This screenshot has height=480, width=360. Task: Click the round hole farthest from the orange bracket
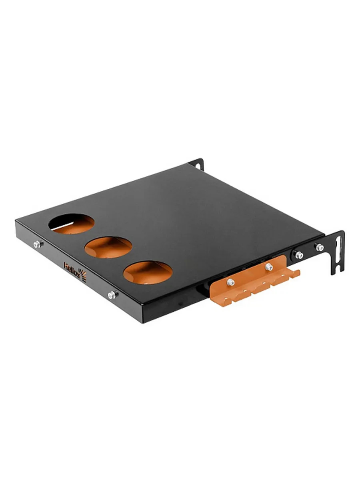pos(72,224)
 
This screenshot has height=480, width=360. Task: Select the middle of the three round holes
pos(108,247)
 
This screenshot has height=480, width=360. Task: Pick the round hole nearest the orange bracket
pos(148,273)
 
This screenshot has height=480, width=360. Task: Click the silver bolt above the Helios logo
pos(38,244)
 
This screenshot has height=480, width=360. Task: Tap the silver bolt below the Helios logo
pos(112,295)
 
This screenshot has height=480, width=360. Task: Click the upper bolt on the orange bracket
pos(269,267)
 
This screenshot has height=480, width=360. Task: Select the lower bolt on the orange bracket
pos(231,282)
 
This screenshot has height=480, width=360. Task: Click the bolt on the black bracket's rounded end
pos(298,255)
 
